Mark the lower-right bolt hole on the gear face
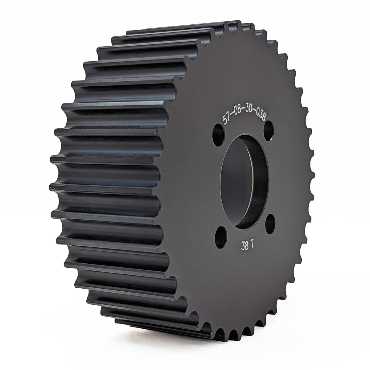[270, 224]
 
